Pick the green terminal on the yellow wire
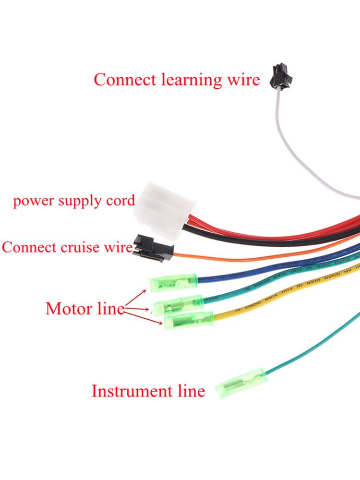pos(188,320)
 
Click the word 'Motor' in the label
pos(67,308)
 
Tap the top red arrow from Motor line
pos(137,297)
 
